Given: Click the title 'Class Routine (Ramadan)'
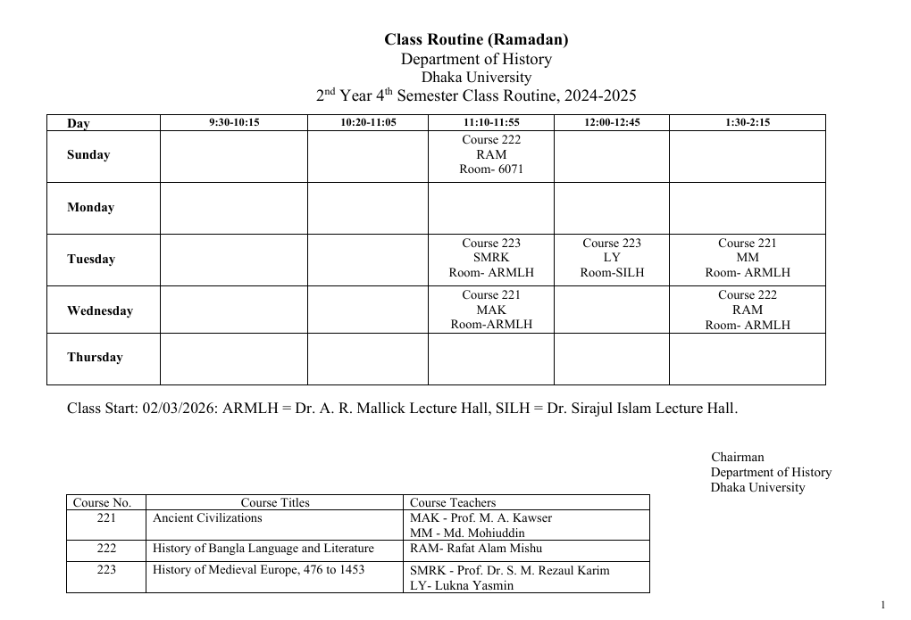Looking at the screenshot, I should pyautogui.click(x=476, y=39).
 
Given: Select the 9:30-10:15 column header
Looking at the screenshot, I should pyautogui.click(x=233, y=122).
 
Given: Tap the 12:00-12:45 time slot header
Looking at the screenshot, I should pyautogui.click(x=612, y=122).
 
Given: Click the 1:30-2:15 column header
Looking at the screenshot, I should pyautogui.click(x=747, y=122).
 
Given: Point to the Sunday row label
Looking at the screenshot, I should pyautogui.click(x=88, y=155).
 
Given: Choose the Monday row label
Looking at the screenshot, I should pyautogui.click(x=90, y=208).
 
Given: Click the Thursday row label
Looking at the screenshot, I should pyautogui.click(x=95, y=358).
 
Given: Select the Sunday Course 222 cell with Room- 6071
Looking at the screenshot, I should pyautogui.click(x=490, y=154).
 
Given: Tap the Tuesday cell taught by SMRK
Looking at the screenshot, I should pyautogui.click(x=490, y=258).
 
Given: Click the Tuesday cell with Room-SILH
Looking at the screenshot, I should pyautogui.click(x=612, y=258).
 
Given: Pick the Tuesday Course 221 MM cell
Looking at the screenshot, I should pyautogui.click(x=747, y=258).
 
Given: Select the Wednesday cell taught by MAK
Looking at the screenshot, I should pyautogui.click(x=490, y=310).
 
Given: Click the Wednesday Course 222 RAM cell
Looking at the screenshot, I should pyautogui.click(x=747, y=310).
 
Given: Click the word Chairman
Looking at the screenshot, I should pyautogui.click(x=738, y=458).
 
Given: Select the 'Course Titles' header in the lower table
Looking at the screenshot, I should pyautogui.click(x=275, y=502).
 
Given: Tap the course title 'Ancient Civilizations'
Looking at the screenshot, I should pyautogui.click(x=207, y=517).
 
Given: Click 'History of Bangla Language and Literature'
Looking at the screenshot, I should pyautogui.click(x=263, y=549).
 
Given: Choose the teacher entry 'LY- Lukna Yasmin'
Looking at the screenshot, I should pyautogui.click(x=462, y=586).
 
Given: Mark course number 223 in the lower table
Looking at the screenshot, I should pyautogui.click(x=105, y=570).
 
